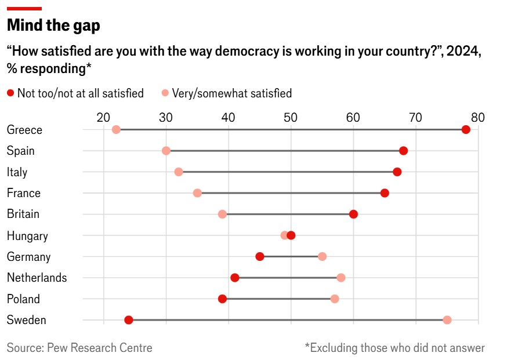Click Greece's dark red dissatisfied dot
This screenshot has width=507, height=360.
coord(466,129)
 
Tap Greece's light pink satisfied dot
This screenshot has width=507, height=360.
coord(116,129)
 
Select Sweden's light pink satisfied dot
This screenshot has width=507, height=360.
coord(447,320)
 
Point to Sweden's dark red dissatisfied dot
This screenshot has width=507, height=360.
coord(129,320)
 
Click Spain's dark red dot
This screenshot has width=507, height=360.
coord(404,151)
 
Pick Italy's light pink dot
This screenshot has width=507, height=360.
coord(179,172)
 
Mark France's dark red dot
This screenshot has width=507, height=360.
coord(385,192)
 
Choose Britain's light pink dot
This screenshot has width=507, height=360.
coord(222,214)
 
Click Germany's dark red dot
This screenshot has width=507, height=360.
coord(260,256)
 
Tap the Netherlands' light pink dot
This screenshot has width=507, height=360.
coord(341,278)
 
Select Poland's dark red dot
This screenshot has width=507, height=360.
coord(222,299)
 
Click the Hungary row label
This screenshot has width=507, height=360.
coord(27,236)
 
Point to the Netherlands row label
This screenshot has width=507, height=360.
coord(37,278)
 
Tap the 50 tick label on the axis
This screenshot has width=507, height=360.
coord(291,117)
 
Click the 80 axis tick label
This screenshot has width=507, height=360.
coord(477,117)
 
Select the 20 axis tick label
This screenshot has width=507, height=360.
coord(104,117)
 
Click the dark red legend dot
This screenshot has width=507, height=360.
coord(10,93)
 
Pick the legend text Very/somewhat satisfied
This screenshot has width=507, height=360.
coord(231,93)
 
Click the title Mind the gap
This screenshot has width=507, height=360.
coord(53,26)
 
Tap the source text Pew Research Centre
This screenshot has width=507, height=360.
coord(79,348)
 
